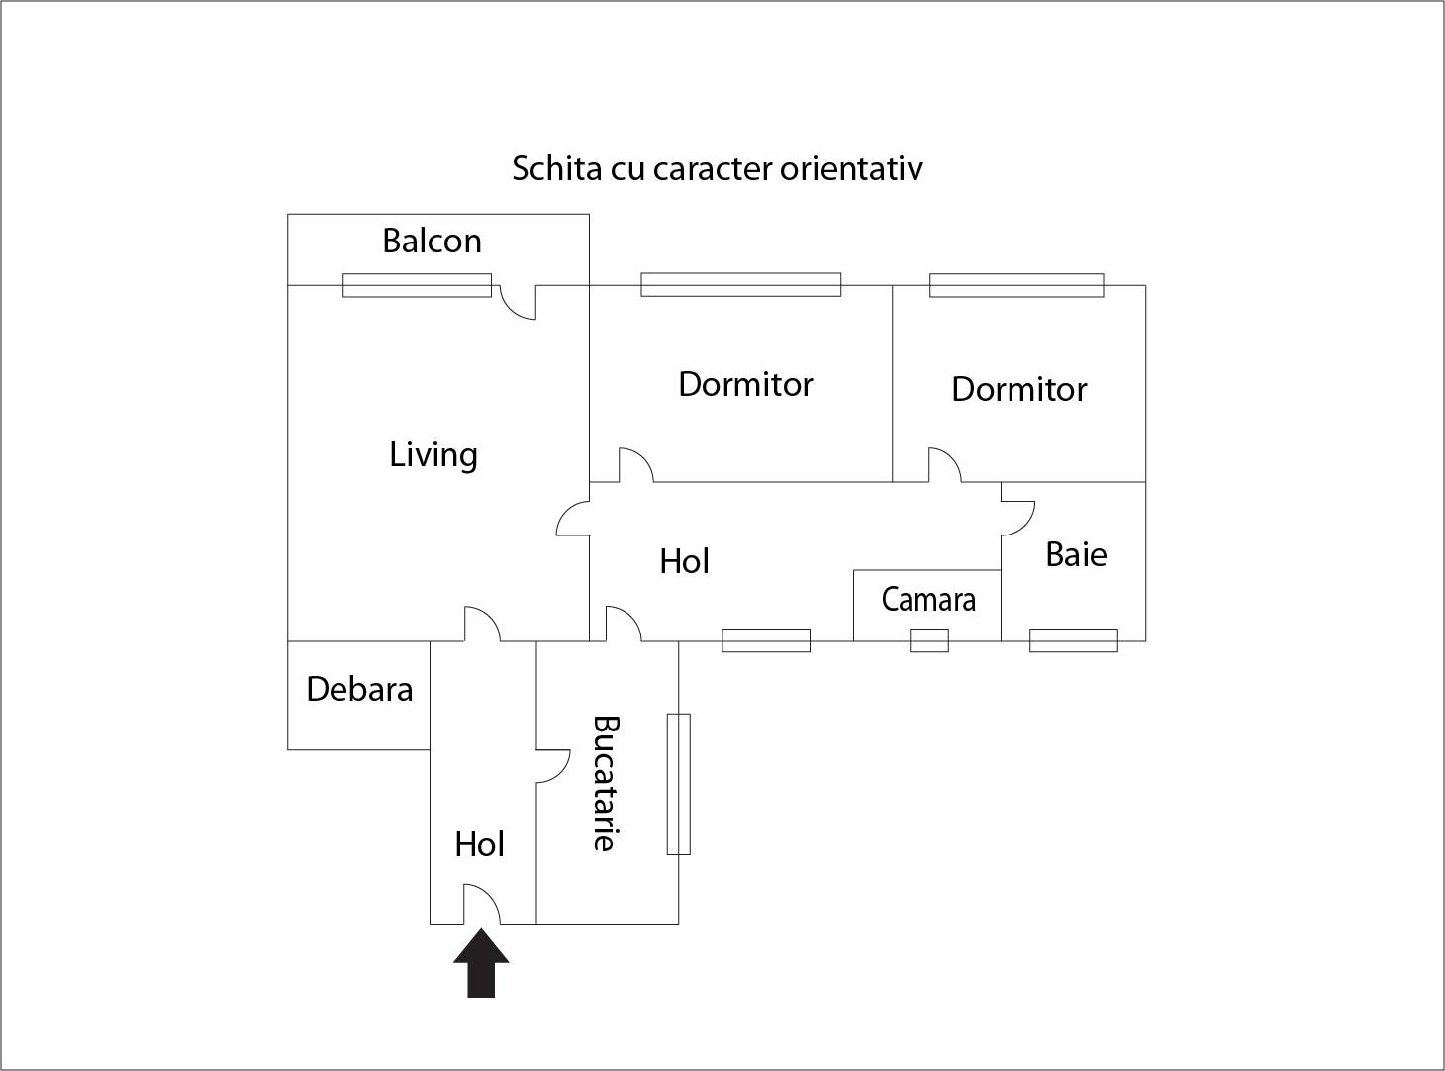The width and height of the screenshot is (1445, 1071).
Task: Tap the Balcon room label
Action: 432,241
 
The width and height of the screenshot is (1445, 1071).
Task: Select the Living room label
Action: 433,454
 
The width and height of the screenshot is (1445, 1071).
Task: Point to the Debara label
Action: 359,689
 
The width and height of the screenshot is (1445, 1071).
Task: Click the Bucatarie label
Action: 606,783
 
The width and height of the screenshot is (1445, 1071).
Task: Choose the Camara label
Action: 928,599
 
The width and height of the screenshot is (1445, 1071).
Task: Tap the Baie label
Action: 1076,553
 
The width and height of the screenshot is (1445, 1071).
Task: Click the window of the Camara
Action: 929,640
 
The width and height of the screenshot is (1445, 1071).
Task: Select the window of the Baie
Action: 1074,640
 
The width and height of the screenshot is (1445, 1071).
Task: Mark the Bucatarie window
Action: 678,783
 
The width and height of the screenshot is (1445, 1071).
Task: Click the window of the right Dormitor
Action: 1016,285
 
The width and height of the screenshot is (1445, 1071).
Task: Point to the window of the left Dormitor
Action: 740,285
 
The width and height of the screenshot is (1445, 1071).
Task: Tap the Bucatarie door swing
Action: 552,765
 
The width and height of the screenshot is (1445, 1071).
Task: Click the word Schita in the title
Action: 542,168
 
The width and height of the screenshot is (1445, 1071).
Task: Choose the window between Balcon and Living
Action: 417,285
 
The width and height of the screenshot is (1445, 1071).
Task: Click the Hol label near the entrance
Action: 480,844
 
